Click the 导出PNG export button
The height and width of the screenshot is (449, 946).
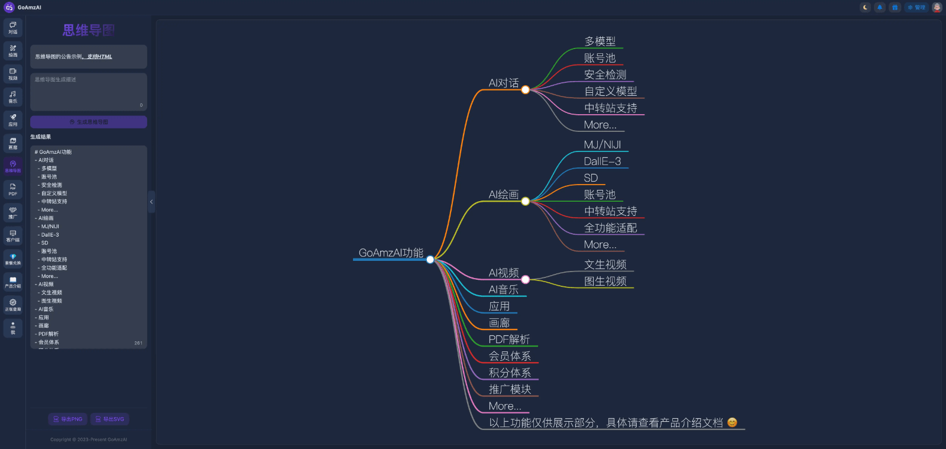68,419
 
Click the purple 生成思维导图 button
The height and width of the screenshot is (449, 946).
89,122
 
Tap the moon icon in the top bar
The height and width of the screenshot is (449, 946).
866,8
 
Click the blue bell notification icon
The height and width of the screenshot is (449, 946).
880,8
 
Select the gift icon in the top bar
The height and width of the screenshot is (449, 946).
895,8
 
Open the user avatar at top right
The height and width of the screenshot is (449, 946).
937,8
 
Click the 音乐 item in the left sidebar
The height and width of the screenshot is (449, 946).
13,96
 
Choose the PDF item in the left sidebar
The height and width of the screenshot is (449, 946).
13,189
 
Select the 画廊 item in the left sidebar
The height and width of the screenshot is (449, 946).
13,143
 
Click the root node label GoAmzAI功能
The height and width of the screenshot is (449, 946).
391,253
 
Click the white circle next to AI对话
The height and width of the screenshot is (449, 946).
525,90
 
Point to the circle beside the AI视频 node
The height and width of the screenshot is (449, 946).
525,279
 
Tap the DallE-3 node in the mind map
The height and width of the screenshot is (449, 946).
602,161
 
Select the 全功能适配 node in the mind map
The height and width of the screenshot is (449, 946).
610,228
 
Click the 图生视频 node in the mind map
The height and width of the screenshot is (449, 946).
605,281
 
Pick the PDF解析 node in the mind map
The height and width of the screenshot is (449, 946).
509,339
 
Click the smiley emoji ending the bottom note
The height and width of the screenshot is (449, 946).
732,422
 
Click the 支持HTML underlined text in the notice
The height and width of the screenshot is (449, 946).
99,57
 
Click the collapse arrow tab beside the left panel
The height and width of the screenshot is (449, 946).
151,202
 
